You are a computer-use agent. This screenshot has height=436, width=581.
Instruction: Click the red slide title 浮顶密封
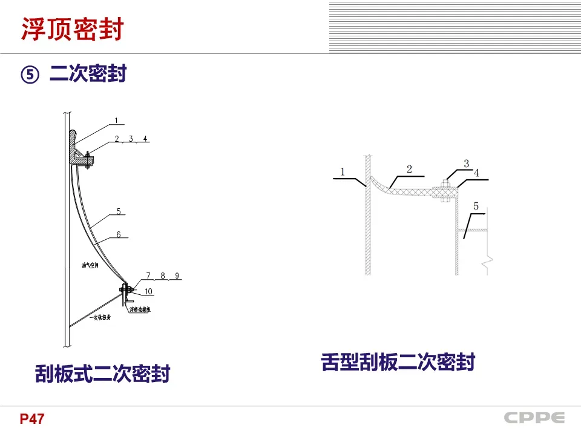[72, 29]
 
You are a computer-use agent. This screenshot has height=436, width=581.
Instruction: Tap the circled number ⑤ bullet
[30, 74]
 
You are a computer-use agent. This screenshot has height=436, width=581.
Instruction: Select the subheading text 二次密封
[88, 74]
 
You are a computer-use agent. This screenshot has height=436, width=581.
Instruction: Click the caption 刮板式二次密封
[102, 373]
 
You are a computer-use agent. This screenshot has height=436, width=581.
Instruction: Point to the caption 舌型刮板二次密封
[398, 362]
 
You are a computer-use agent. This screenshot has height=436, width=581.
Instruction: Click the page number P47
[31, 419]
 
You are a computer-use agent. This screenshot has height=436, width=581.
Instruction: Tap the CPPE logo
[534, 418]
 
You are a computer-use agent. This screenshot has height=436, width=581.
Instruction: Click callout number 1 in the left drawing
[115, 120]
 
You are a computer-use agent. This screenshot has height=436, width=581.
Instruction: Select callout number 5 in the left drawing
[119, 211]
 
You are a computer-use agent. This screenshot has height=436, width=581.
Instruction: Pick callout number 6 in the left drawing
[119, 234]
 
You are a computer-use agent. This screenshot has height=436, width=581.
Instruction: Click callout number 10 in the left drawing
[149, 291]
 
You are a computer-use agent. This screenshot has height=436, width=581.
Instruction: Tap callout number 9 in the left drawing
[177, 276]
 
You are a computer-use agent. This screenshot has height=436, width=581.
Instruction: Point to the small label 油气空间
[90, 265]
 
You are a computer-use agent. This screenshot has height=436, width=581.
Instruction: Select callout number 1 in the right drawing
[342, 172]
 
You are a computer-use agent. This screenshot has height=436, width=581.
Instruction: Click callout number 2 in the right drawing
[409, 169]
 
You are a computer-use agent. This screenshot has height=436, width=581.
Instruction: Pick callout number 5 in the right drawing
[476, 206]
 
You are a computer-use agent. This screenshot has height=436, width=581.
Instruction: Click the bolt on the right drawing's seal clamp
[444, 193]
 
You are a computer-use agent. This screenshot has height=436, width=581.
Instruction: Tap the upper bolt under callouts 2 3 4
[88, 159]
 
